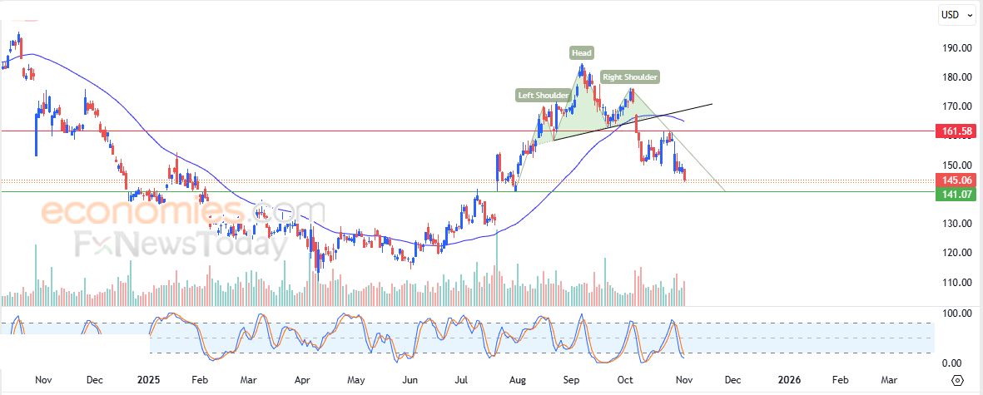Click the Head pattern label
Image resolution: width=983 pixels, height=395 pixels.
coord(582,53)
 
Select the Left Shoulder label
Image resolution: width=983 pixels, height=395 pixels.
coord(544,95)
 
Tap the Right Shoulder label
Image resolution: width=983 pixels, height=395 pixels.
coord(630,77)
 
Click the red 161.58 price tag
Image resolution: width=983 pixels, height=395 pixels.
coord(956,131)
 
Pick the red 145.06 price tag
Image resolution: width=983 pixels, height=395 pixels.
coord(956,180)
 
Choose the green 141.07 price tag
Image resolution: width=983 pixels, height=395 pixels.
coord(956,194)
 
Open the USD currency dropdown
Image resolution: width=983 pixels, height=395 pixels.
coord(956,14)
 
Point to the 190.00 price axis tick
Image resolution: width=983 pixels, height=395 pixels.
coord(950,48)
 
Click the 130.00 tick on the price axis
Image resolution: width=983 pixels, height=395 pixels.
coord(950,224)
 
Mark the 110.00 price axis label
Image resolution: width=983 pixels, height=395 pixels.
coord(950,283)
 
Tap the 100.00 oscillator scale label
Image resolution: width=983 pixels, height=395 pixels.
coord(950,314)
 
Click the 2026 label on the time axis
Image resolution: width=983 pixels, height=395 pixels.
coord(789,380)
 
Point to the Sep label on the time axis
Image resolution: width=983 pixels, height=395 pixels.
coord(571,380)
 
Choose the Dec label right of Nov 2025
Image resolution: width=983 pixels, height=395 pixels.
coord(732,380)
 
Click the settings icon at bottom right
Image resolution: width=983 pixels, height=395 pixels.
coord(957,380)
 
